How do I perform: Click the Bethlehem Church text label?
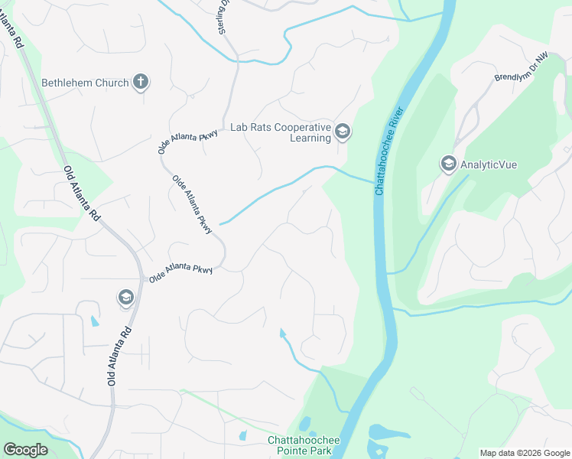85,82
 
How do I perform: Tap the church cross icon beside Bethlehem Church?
141,81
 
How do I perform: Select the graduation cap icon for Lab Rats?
343,132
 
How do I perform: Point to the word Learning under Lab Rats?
310,138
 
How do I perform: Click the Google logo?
25,450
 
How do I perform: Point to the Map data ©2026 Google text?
524,453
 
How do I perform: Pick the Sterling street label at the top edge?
224,15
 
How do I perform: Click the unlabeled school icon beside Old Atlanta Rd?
126,297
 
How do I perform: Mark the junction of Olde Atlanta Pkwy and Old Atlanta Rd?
143,278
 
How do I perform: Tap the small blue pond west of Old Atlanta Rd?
94,321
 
